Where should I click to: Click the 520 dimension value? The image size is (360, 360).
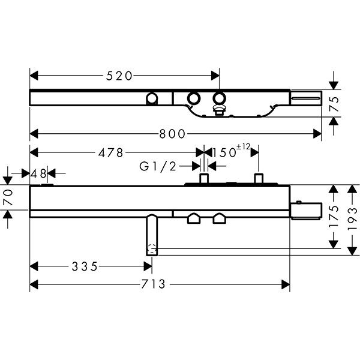[x=119, y=76]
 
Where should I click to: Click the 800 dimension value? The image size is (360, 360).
[x=172, y=134]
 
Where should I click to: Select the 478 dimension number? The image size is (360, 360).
[x=110, y=152]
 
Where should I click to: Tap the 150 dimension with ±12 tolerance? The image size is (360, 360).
[x=231, y=151]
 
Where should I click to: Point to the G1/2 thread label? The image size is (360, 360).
[x=158, y=166]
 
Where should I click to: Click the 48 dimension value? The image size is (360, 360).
[x=39, y=174]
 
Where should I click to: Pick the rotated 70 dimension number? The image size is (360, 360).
[x=8, y=197]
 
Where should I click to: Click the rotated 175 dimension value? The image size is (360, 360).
[x=334, y=216]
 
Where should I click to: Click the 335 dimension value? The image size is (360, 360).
[x=85, y=267]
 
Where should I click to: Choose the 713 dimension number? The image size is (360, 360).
[x=154, y=284]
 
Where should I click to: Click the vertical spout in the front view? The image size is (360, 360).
[x=152, y=235]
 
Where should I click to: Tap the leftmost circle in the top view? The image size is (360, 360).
[x=152, y=98]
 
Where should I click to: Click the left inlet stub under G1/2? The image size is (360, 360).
[x=204, y=179]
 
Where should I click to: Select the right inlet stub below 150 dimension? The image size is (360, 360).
[x=259, y=179]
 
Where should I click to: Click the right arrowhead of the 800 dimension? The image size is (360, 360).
[x=317, y=134]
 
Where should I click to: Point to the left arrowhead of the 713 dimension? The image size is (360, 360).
[x=34, y=284]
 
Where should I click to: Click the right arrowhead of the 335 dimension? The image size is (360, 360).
[x=148, y=267]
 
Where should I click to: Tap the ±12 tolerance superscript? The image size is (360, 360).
[x=244, y=147]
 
